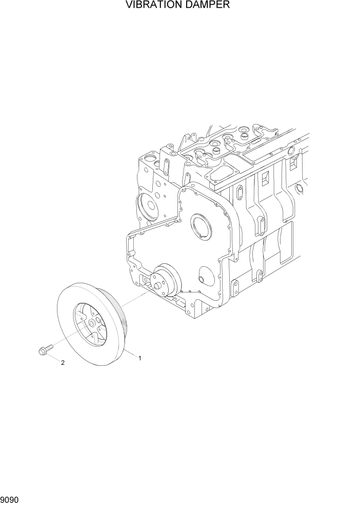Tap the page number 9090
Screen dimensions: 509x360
click(x=11, y=498)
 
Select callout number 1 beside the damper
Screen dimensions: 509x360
click(x=139, y=358)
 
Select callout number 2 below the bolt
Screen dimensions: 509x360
click(x=63, y=363)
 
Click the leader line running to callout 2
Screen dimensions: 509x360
click(x=55, y=358)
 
